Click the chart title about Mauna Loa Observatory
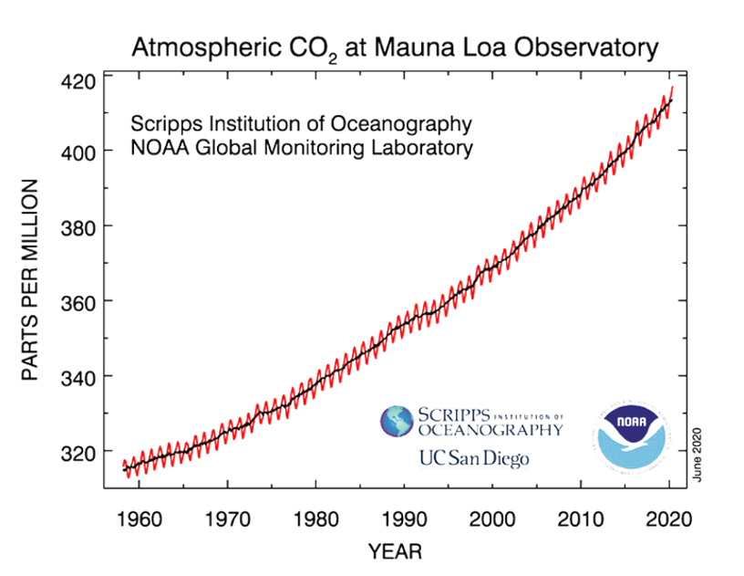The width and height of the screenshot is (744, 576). (x=395, y=47)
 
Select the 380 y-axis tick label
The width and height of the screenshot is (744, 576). (x=80, y=226)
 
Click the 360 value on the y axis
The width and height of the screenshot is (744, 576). (x=80, y=301)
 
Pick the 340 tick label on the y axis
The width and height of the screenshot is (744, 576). (x=80, y=377)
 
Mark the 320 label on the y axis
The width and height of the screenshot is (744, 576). (x=80, y=452)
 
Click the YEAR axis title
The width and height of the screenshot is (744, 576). (x=395, y=552)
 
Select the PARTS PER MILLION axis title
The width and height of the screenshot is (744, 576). (x=30, y=280)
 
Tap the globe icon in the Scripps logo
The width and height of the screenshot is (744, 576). (x=398, y=422)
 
